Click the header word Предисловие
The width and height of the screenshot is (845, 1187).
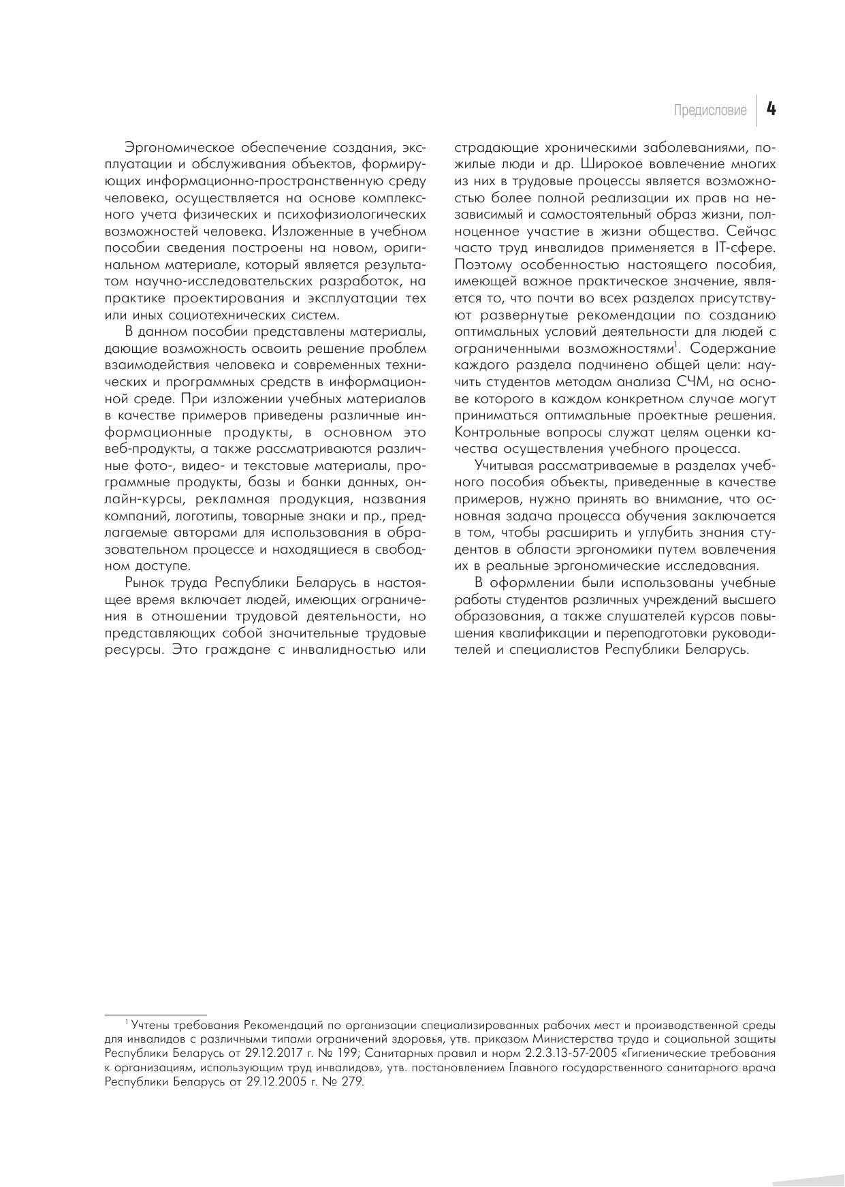click(710, 110)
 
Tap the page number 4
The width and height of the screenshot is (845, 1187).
click(771, 109)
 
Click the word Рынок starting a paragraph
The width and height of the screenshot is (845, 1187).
click(145, 583)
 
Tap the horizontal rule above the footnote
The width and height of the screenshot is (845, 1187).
click(155, 1015)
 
